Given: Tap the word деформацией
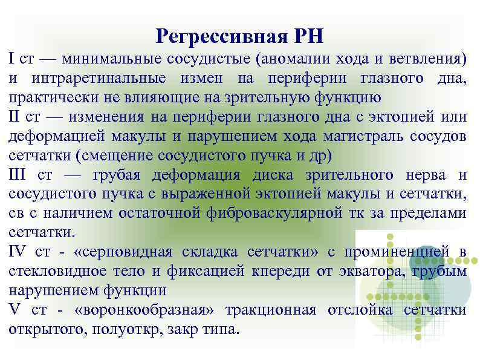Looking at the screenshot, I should [49, 136].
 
